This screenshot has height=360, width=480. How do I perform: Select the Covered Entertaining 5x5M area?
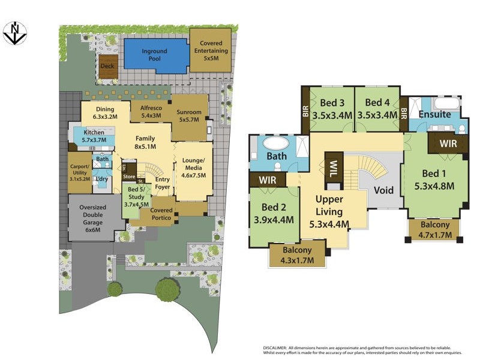click(211, 51)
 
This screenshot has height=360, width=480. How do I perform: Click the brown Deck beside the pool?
click(108, 66)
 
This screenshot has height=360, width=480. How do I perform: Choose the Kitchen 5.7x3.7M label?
click(94, 136)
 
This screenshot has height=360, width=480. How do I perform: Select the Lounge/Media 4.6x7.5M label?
click(194, 167)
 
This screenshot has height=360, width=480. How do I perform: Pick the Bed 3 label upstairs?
click(332, 109)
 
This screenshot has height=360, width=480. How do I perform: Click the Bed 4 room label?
click(377, 109)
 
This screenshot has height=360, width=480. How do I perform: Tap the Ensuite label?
click(435, 115)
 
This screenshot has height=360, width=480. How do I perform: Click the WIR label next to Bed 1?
click(448, 144)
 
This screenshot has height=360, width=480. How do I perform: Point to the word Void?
click(383, 190)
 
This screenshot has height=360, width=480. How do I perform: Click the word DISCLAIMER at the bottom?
click(284, 348)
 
